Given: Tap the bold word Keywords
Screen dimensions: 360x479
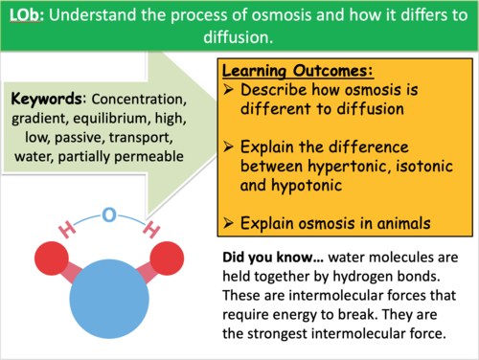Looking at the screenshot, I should (43, 100).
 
